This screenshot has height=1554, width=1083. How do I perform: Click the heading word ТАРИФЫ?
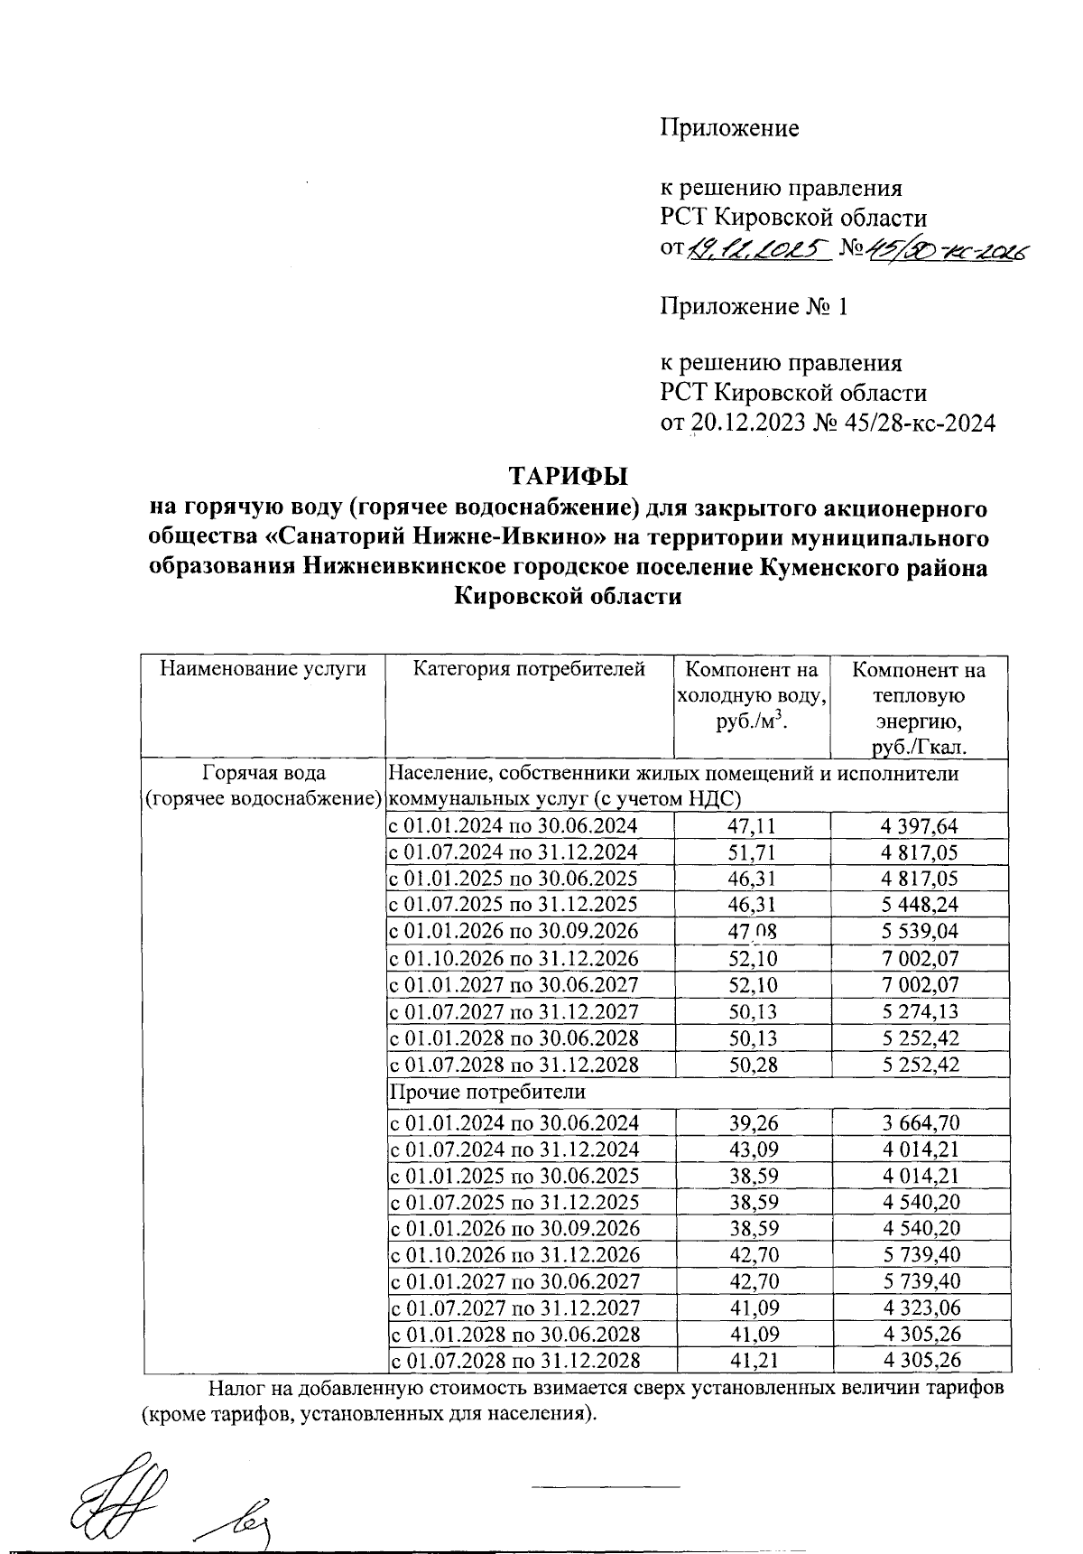pos(568,475)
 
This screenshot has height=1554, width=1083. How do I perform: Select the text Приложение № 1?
pos(754,307)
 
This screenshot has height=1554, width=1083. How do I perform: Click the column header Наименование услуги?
pos(264,669)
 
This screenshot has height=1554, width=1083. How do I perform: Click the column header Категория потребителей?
pos(530,669)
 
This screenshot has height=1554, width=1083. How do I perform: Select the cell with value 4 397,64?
pos(920,825)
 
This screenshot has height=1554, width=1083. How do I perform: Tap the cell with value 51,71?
pos(752,851)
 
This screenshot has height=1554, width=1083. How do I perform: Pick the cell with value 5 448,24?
pos(920,905)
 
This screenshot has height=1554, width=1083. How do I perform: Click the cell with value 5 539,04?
pos(920,931)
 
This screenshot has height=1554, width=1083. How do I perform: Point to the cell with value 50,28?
pos(752,1064)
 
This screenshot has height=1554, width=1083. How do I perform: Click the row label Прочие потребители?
pos(487,1092)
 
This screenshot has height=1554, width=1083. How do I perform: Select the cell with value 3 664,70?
pos(920,1122)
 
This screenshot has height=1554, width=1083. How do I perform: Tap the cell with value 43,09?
pos(752,1149)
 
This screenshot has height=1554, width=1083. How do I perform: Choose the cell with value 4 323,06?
pos(920,1307)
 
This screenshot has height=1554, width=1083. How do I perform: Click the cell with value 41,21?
pos(752,1361)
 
